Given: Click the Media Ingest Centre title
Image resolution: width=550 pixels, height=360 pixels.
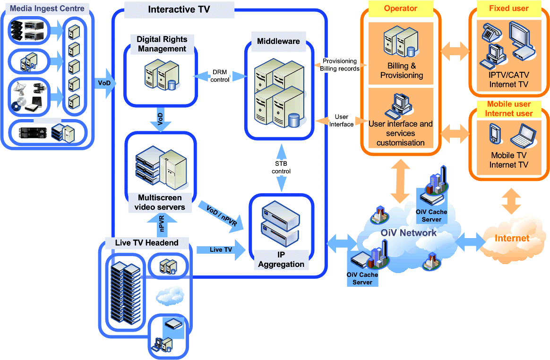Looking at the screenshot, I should click(47, 9).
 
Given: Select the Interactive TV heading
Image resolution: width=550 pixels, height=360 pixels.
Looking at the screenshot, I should click(179, 9).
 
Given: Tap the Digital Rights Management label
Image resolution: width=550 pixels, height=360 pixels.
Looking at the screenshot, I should click(162, 44).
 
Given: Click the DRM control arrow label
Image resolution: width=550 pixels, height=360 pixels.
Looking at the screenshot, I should click(220, 76).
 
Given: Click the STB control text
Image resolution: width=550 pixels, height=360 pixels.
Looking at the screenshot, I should click(281, 167).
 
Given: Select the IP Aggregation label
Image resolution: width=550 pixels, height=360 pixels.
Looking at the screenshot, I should click(281, 259).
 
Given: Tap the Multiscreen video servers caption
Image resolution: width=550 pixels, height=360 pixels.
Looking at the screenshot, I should click(160, 202).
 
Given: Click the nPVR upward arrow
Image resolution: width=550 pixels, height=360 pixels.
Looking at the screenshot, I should click(162, 225).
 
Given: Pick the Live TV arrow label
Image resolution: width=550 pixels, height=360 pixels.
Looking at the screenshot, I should click(221, 249).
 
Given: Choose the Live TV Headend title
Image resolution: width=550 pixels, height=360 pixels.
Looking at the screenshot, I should click(147, 243).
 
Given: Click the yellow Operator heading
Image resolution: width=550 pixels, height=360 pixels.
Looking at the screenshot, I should click(400, 9).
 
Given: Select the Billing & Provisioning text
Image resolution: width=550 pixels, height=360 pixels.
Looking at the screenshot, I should click(402, 71).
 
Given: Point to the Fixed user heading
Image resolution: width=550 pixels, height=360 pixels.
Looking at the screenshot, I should click(508, 9).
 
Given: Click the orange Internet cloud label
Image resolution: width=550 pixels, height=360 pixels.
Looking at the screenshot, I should click(512, 238).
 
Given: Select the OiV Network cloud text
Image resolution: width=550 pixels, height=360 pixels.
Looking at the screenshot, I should click(408, 233).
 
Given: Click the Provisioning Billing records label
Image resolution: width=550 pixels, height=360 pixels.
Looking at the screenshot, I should click(340, 65).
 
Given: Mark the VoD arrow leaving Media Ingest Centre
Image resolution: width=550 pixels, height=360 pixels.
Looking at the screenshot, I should click(104, 83).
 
